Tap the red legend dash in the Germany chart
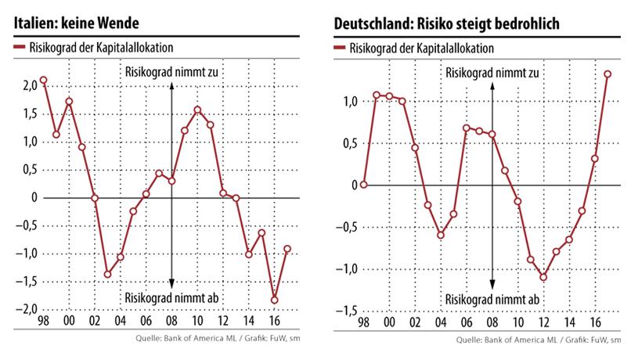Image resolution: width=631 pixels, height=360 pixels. (339, 48)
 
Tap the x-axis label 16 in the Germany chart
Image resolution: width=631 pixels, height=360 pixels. (594, 322)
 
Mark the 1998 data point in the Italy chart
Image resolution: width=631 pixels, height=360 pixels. (43, 80)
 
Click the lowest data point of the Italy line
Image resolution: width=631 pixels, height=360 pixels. (274, 300)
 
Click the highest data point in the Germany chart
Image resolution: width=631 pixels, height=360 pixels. (607, 74)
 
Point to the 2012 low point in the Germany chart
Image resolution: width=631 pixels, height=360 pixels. (543, 277)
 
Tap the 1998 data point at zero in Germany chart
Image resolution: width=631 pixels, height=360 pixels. (363, 185)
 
